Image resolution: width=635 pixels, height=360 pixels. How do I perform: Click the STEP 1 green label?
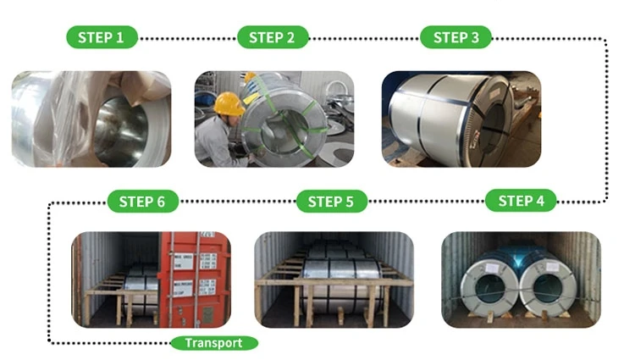(101, 37)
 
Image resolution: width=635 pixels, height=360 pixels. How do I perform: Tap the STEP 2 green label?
(273, 37)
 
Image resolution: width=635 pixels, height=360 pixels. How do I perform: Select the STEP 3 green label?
(456, 37)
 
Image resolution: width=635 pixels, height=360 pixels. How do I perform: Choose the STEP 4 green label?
(521, 201)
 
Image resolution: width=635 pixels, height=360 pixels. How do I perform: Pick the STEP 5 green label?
(331, 202)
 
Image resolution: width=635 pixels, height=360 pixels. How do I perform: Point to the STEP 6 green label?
(142, 202)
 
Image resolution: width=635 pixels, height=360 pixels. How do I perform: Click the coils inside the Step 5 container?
(334, 271)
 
